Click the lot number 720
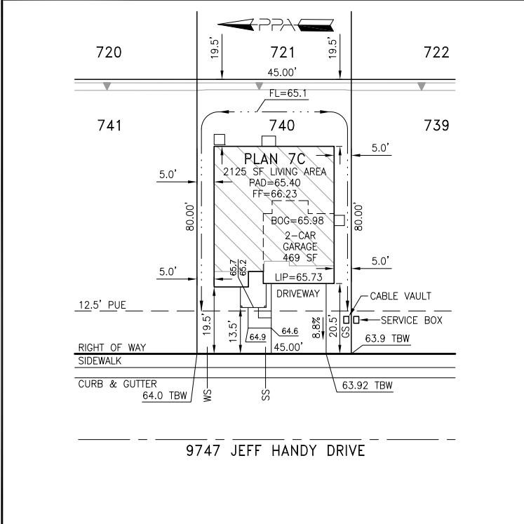[109, 53]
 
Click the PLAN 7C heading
[276, 159]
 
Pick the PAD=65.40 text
[274, 182]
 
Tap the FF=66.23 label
[274, 193]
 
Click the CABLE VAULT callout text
[401, 297]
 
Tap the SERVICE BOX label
[411, 320]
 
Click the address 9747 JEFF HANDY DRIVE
[275, 450]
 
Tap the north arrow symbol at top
[276, 26]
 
